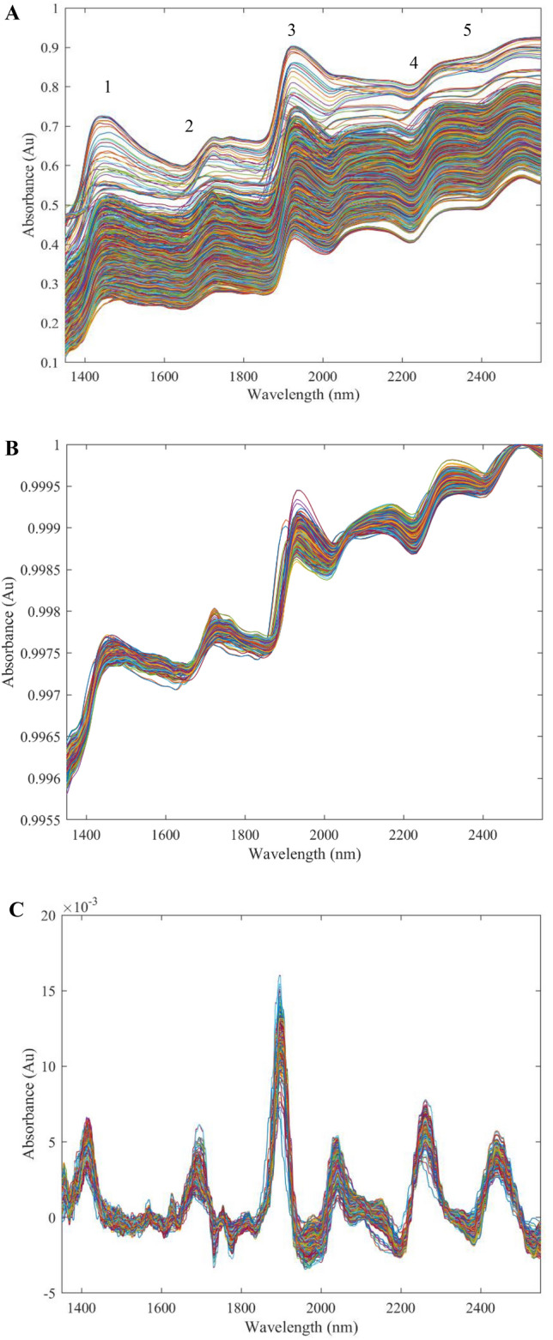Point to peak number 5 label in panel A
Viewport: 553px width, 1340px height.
tap(467, 31)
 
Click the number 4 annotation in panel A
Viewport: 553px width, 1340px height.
tap(413, 63)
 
